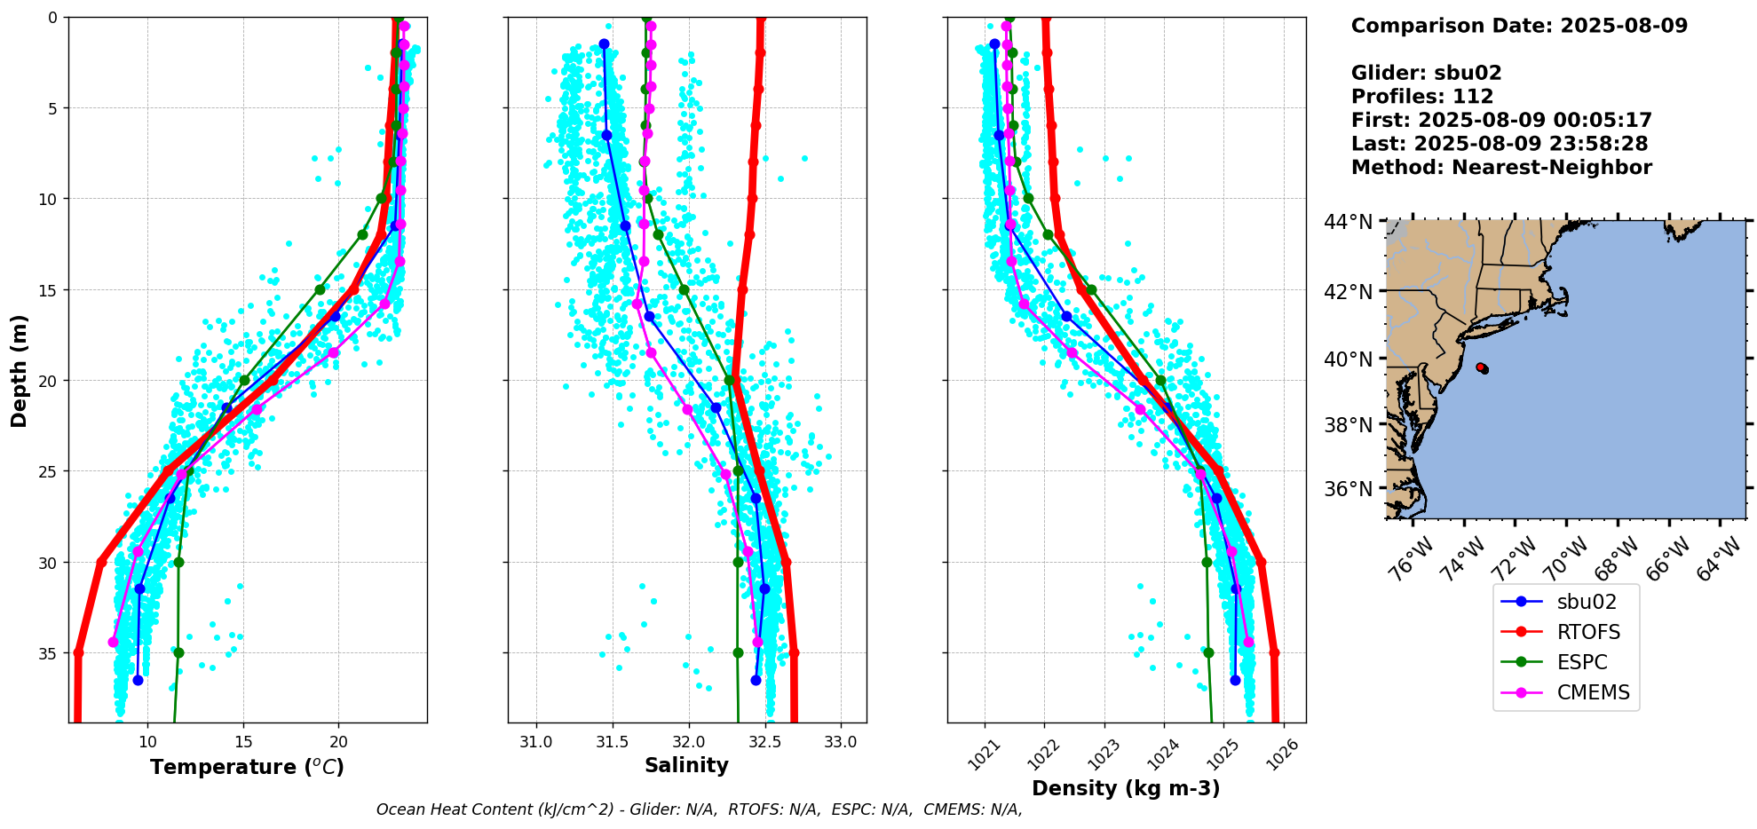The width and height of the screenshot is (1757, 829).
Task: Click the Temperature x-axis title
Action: (x=247, y=767)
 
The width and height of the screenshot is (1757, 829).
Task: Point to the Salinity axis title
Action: (x=686, y=765)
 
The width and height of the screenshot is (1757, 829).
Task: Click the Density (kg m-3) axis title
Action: (x=1126, y=788)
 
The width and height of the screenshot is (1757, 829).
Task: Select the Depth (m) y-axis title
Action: (x=20, y=370)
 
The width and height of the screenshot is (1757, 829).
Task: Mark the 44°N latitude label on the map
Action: (x=1348, y=222)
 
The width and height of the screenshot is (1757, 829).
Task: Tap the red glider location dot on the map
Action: (x=1481, y=367)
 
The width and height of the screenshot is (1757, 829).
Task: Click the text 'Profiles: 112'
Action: (x=1422, y=97)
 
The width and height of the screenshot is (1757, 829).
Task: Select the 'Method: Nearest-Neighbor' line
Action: (x=1501, y=168)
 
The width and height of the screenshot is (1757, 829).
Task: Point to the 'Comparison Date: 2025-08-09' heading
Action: (x=1519, y=26)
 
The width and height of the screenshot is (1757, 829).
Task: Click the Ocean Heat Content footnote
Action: (x=699, y=809)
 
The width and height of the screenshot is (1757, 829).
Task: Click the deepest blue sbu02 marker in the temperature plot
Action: (x=138, y=680)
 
